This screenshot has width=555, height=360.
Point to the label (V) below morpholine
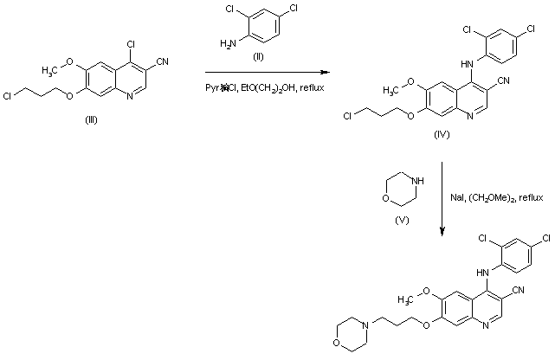pyautogui.click(x=401, y=220)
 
